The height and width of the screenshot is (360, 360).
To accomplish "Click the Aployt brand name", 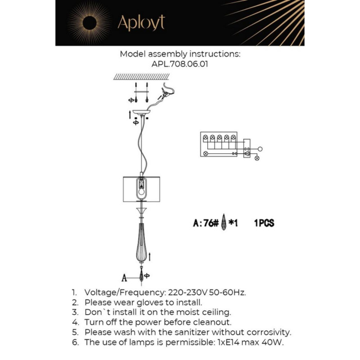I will point(141,23).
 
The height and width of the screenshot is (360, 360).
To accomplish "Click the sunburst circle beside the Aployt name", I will point(89,23).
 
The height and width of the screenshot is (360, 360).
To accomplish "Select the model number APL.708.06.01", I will point(179,65).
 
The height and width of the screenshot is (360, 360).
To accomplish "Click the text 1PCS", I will point(264,223).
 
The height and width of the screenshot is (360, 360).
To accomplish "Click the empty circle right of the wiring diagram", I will point(260,149).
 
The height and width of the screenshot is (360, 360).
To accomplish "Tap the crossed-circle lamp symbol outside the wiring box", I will point(256,158).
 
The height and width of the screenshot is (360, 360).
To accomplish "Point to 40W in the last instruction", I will point(271,342).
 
